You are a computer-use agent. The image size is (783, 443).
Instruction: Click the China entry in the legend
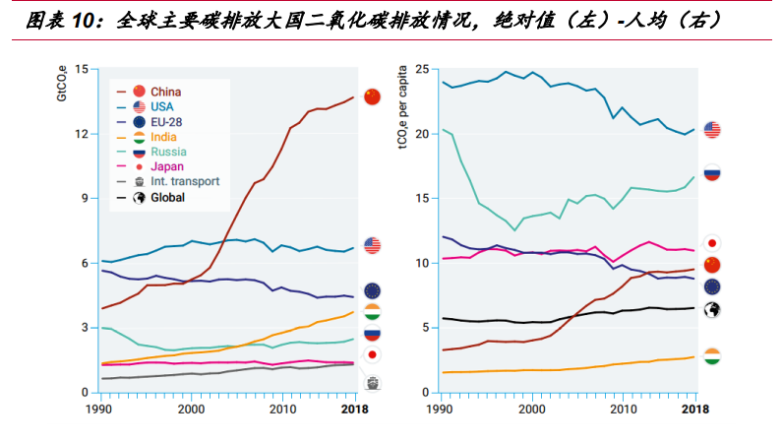[166, 92]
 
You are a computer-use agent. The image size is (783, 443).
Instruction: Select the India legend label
[164, 137]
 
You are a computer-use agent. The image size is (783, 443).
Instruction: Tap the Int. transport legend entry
[185, 182]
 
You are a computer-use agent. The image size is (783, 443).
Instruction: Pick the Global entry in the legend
[168, 197]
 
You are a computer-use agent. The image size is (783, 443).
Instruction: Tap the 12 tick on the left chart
[81, 133]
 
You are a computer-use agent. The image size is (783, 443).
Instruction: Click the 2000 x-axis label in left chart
[191, 409]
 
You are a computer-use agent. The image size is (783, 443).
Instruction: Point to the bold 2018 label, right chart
[694, 409]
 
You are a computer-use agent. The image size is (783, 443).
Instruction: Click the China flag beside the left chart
[372, 95]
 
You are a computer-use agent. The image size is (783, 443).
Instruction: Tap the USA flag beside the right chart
[712, 130]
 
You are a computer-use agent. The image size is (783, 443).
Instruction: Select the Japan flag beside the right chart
[712, 242]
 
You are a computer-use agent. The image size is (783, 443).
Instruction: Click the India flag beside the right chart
[712, 355]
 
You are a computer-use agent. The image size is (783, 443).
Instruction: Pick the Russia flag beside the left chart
[372, 334]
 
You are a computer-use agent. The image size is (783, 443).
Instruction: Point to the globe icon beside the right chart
[712, 310]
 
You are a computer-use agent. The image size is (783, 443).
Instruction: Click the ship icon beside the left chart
[373, 383]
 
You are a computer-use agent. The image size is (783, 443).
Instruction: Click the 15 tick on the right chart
[422, 198]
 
